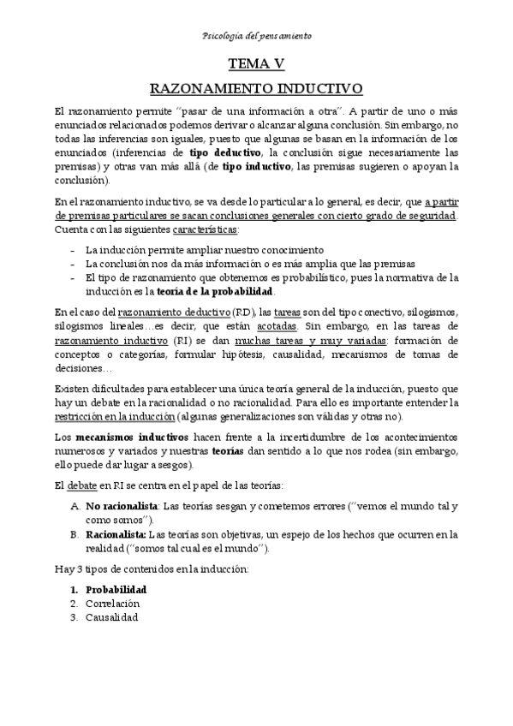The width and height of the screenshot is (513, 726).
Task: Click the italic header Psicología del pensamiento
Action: [x=256, y=36]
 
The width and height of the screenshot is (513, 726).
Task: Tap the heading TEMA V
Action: [x=256, y=63]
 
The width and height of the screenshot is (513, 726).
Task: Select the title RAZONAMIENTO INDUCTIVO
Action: [x=256, y=88]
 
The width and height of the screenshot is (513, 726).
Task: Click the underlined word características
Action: [x=205, y=231]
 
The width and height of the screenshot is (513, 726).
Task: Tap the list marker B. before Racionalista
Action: [x=75, y=534]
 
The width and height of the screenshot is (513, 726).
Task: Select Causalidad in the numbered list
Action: [x=111, y=617]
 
